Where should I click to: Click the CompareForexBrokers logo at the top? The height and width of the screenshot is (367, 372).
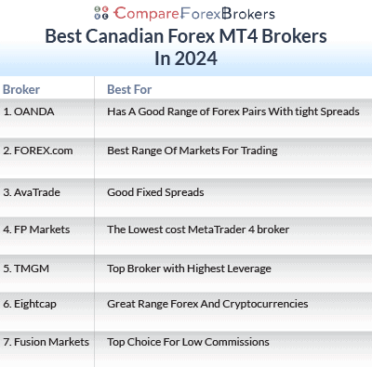(185, 14)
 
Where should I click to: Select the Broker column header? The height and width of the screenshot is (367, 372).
(21, 89)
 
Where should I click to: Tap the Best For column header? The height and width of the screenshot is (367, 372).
(129, 89)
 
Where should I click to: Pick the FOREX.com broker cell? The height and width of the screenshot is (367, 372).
(36, 150)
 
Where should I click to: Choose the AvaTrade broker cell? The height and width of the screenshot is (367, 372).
(33, 192)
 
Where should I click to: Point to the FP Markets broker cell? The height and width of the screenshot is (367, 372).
(36, 229)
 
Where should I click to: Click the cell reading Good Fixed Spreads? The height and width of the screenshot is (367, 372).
(155, 192)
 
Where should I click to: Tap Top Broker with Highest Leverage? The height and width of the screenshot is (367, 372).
(189, 269)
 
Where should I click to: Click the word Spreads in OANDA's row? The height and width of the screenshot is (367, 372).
(336, 111)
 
